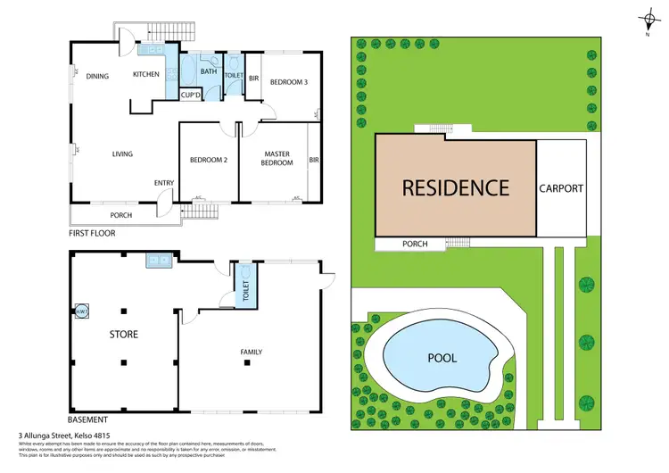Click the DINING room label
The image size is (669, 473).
[x=97, y=76]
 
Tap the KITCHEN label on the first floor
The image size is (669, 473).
[x=145, y=74]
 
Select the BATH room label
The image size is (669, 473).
[x=208, y=71]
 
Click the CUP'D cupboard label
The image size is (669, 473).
[x=190, y=94]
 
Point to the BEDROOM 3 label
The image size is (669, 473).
[x=289, y=81]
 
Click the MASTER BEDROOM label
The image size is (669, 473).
[x=277, y=158]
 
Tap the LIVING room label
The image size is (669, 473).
[x=122, y=154]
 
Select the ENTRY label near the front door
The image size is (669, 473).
[x=163, y=183]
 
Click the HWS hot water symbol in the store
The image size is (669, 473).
[x=82, y=311]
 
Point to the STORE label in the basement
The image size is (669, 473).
[x=123, y=335]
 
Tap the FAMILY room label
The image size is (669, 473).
[x=252, y=352]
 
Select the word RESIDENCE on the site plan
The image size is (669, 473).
[x=455, y=187]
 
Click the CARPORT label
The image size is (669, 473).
[x=562, y=188]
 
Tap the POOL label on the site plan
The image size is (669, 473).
[x=442, y=358]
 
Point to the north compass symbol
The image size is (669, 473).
[x=647, y=21]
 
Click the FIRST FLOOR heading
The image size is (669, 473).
[x=92, y=233]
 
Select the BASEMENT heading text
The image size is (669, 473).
[x=88, y=419]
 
